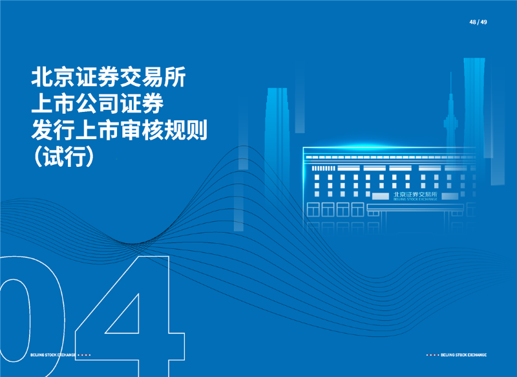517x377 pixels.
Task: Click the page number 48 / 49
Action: coord(478,22)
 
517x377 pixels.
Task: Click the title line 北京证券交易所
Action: coord(109,77)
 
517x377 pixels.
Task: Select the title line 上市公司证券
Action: coord(98,103)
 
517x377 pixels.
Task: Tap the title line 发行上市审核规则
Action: coord(120,130)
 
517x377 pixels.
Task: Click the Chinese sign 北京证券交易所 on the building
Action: coord(415,194)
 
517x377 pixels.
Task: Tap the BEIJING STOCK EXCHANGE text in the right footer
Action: coord(463,355)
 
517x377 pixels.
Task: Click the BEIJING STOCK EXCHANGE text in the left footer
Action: coord(53,355)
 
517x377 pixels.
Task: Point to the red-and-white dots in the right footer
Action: coord(432,355)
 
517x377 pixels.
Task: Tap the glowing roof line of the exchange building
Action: coord(389,148)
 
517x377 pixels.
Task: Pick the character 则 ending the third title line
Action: coord(197,130)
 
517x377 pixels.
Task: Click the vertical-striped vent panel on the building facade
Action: coord(324,168)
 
